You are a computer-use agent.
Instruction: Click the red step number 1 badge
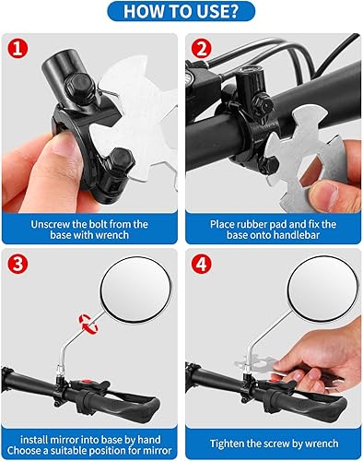click(18, 49)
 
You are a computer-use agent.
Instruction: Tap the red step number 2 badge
click(202, 49)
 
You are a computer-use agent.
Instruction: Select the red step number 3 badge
click(18, 264)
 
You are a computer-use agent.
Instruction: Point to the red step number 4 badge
click(202, 264)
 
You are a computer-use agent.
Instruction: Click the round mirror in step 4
click(323, 289)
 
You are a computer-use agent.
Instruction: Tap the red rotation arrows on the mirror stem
click(88, 324)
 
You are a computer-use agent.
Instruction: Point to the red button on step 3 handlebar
click(88, 383)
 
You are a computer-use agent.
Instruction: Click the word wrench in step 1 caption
click(111, 235)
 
